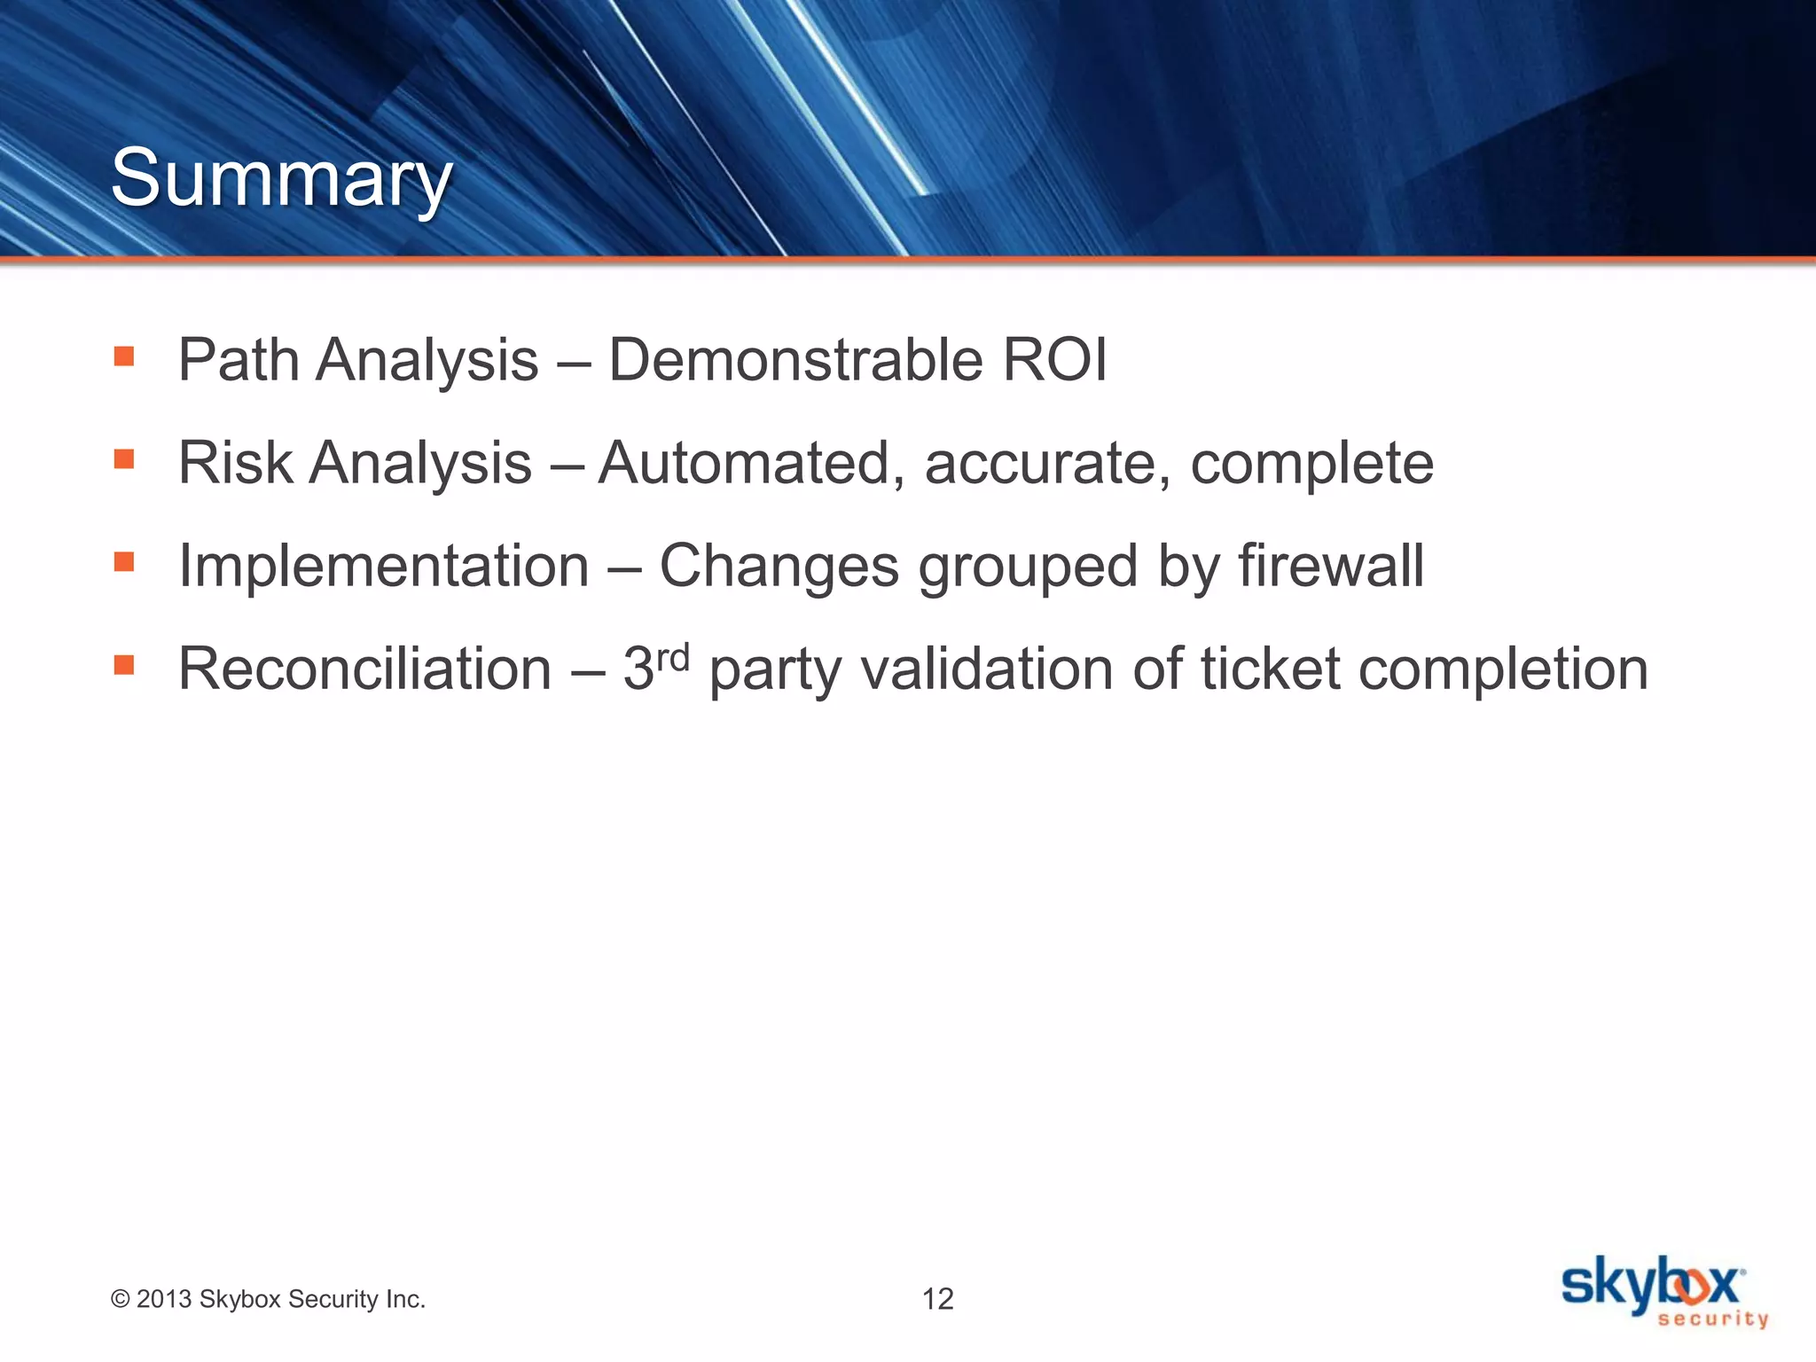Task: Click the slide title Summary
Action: (281, 179)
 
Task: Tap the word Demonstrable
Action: (794, 360)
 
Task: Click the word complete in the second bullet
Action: (1311, 465)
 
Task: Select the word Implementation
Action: (383, 566)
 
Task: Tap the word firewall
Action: (1330, 566)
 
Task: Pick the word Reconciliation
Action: (364, 669)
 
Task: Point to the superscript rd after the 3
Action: (673, 657)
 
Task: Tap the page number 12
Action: (937, 1299)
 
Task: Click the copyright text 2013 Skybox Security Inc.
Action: (268, 1299)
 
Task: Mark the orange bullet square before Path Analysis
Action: (124, 357)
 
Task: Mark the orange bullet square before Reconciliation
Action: (124, 665)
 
